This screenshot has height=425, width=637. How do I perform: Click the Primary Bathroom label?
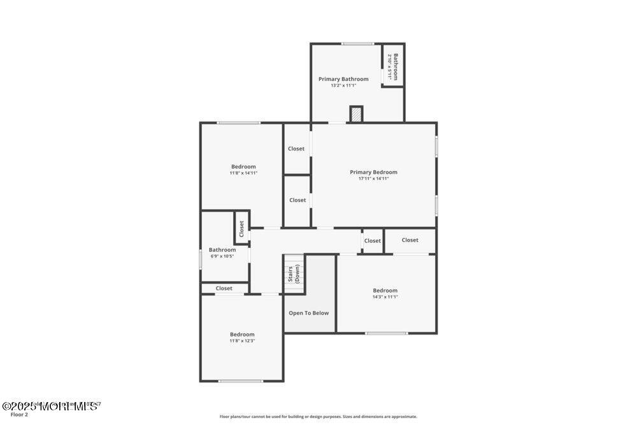(343, 79)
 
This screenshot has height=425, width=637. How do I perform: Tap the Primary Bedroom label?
(373, 172)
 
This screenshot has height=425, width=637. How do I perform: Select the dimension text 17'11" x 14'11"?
(373, 178)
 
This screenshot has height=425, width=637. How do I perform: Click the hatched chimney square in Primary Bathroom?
(356, 114)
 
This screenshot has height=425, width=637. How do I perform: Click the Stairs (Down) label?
(294, 273)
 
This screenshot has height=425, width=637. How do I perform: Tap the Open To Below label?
(309, 313)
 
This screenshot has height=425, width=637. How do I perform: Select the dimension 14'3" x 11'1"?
(385, 297)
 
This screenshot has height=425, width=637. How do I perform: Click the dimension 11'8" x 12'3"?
(242, 341)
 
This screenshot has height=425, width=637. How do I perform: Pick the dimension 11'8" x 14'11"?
(243, 173)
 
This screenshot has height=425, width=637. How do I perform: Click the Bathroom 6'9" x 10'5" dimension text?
(222, 256)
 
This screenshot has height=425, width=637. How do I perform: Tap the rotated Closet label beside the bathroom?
(241, 228)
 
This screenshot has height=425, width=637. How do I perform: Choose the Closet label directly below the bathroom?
(224, 289)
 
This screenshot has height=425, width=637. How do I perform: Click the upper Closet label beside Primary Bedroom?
(296, 148)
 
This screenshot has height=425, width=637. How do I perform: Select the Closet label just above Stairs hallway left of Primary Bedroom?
(297, 200)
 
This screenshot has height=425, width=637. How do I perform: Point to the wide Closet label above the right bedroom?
(410, 240)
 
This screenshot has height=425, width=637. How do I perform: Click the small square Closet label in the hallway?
(373, 241)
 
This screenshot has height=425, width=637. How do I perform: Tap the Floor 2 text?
(15, 415)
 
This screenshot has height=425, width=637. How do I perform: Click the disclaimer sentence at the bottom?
(318, 416)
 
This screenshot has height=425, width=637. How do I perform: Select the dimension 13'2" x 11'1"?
(343, 85)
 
